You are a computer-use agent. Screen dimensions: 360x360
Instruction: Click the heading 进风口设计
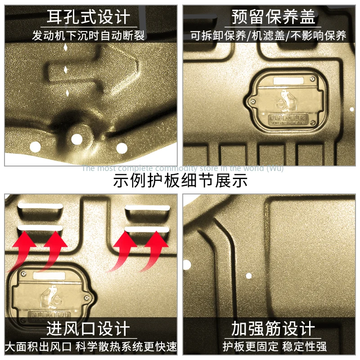tap(89, 329)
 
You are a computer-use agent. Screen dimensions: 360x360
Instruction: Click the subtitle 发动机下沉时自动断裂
tap(89, 36)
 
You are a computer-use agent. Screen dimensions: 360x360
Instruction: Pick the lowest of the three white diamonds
tap(67, 93)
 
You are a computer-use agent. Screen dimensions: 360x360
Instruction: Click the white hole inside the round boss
tap(76, 139)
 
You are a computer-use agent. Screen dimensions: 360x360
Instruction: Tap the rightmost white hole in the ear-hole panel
tap(121, 147)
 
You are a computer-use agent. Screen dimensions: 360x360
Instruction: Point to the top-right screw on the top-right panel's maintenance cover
tap(312, 79)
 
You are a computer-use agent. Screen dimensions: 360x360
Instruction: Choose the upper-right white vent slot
tap(148, 208)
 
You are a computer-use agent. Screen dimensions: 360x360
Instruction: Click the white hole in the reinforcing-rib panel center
tap(248, 275)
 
